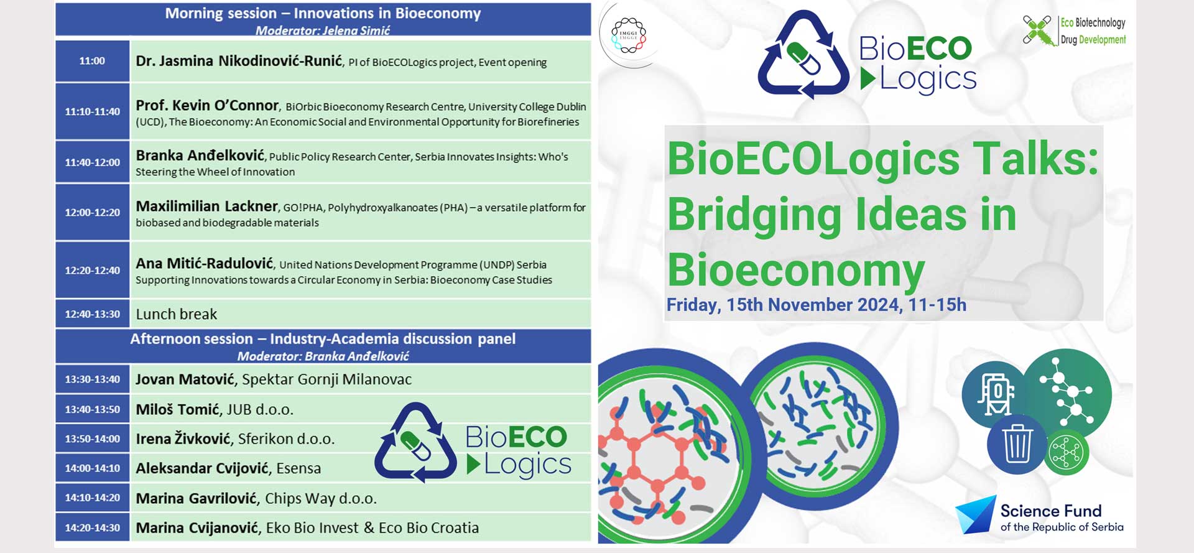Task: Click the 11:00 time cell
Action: (92, 61)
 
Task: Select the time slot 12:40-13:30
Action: (92, 314)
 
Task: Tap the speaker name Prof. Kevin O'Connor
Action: (207, 106)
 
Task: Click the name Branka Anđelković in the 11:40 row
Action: (200, 156)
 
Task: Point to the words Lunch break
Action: (177, 314)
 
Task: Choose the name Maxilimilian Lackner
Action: (206, 206)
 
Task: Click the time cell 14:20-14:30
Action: (92, 527)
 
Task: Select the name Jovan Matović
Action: (185, 379)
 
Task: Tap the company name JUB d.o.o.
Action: (260, 409)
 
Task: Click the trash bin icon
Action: (1017, 444)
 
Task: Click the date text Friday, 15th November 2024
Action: (783, 305)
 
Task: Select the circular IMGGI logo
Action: (629, 34)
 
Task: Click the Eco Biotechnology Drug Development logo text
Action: (1093, 31)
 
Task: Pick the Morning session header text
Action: (323, 13)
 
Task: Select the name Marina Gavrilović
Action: (196, 498)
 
